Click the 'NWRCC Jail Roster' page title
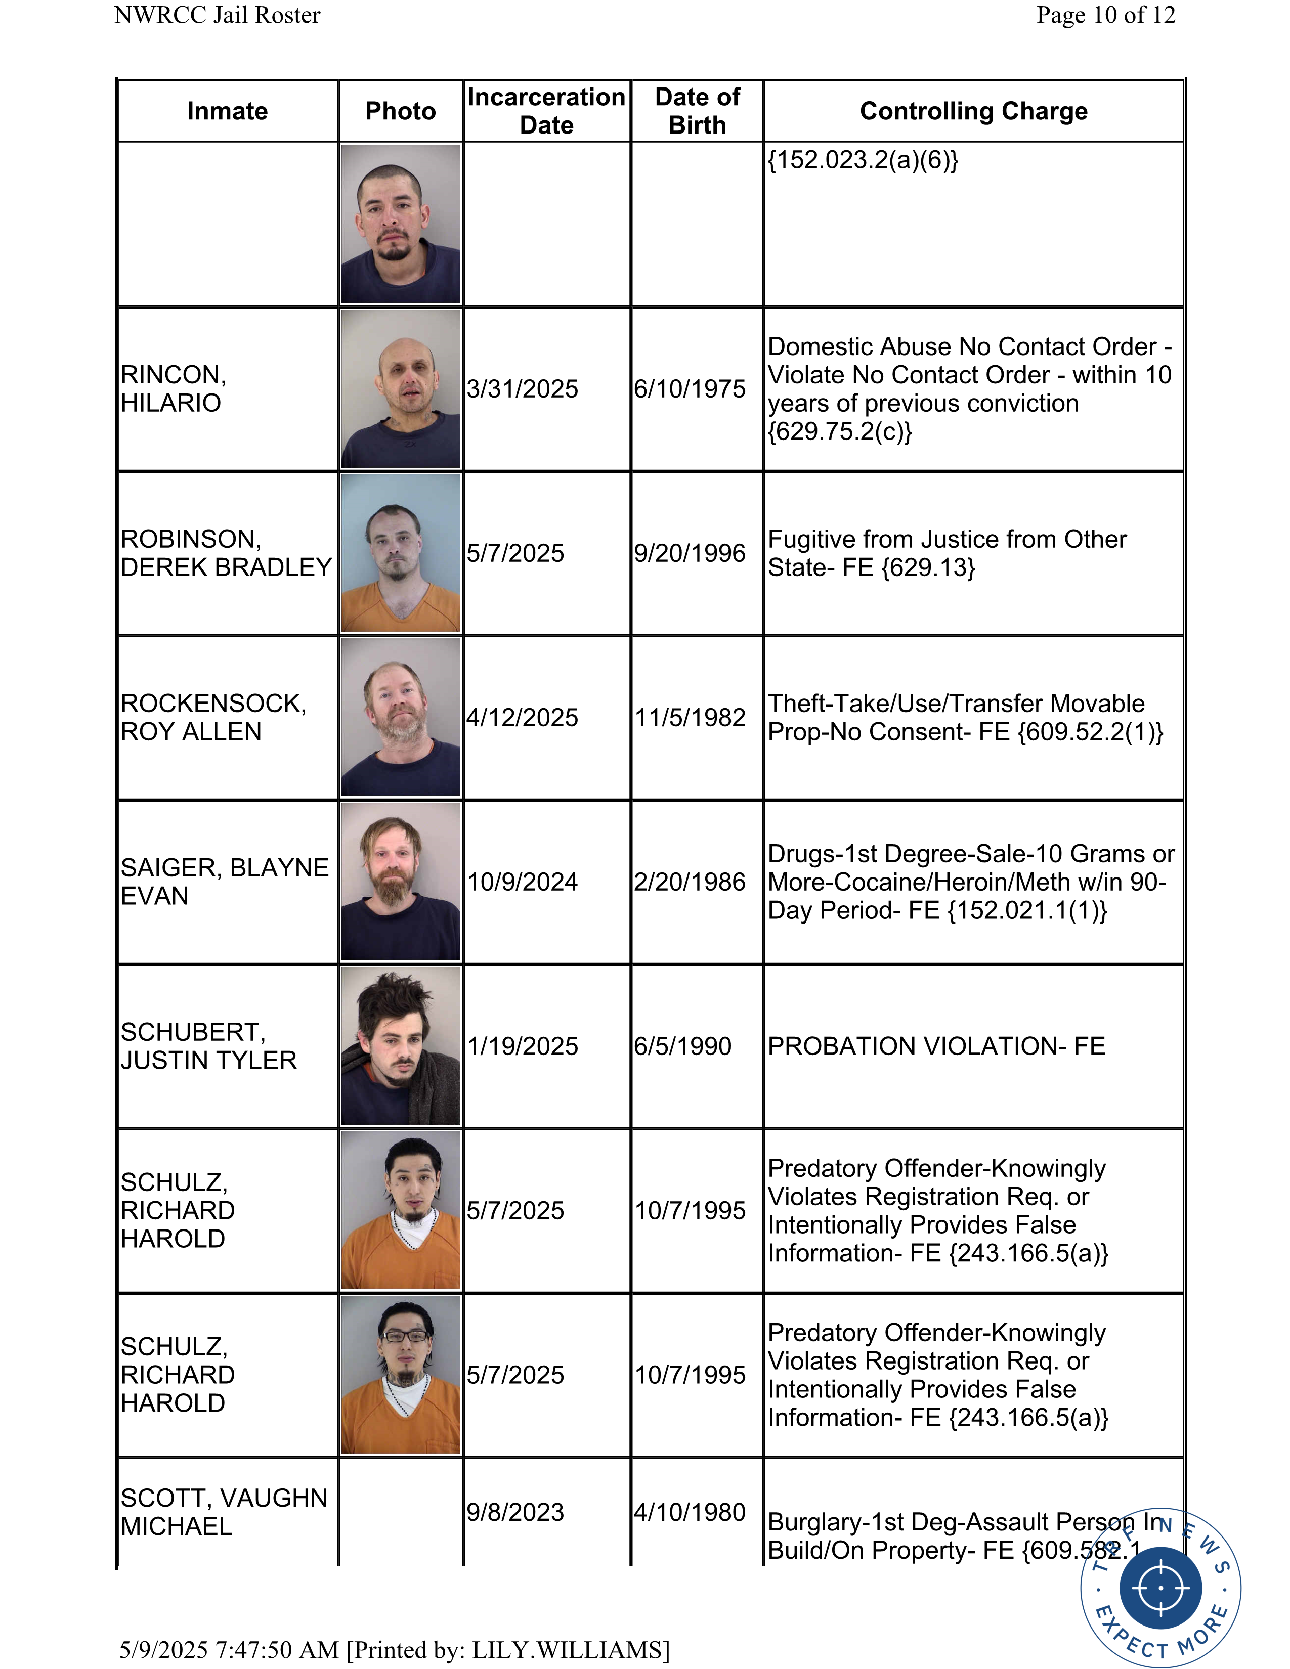point(217,15)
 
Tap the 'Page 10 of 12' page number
point(1105,15)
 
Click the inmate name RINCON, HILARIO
point(174,389)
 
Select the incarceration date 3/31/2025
point(523,389)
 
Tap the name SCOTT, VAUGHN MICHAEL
point(223,1512)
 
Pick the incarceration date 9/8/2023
point(515,1512)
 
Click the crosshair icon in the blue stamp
point(1160,1587)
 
